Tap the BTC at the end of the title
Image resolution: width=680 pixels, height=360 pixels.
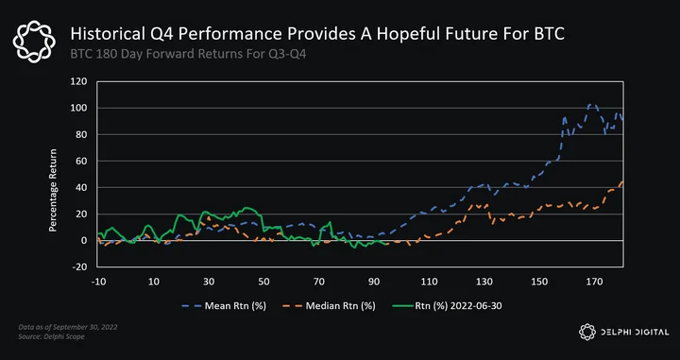(548, 33)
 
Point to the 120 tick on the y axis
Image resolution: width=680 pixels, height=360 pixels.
(79, 81)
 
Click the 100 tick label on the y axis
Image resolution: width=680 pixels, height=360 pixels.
(79, 108)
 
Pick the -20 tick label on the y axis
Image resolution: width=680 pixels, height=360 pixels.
(79, 266)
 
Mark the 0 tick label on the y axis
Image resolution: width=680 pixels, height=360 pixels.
(84, 240)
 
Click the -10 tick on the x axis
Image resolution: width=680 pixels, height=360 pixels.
(98, 282)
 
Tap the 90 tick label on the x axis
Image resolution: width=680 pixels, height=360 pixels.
(374, 282)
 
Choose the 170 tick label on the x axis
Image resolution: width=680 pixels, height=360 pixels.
(595, 282)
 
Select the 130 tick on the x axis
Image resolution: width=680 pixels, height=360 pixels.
(484, 282)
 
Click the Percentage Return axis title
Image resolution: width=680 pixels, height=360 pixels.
(53, 190)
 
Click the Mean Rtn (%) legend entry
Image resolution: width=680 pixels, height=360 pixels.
(224, 306)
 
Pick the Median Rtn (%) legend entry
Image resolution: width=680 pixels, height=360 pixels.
(330, 306)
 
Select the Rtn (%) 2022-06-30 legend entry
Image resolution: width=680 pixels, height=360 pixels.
(447, 306)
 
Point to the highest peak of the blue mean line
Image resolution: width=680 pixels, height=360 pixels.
(589, 105)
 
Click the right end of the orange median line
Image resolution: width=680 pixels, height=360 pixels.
(622, 181)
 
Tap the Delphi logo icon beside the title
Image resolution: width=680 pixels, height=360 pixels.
(34, 42)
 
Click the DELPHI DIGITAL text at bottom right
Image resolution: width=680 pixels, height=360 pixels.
(635, 333)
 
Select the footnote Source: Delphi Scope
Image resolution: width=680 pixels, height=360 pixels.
(52, 336)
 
